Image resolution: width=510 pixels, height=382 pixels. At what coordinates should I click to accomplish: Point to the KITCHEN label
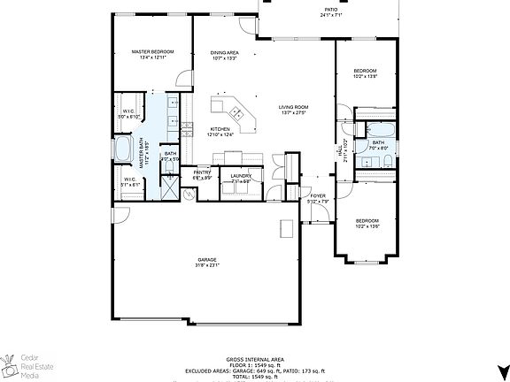click(x=220, y=132)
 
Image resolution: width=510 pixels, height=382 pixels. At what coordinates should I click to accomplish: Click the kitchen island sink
click(x=237, y=112)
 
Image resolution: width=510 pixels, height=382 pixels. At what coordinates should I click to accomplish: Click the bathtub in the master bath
click(x=123, y=150)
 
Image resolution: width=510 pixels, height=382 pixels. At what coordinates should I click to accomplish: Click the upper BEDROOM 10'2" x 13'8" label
click(x=366, y=73)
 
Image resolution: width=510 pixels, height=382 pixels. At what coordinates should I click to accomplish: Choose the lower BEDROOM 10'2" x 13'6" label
click(x=367, y=223)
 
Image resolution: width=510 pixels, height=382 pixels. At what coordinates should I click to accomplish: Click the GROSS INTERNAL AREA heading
click(x=254, y=358)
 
